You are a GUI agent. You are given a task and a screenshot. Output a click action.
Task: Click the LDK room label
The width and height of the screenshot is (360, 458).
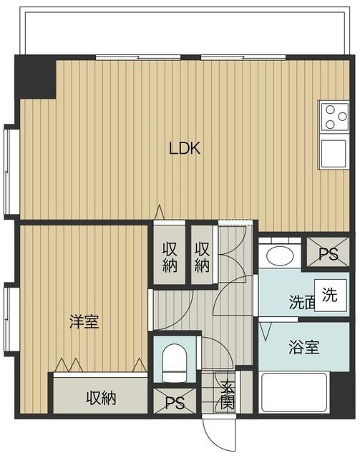pyautogui.click(x=185, y=148)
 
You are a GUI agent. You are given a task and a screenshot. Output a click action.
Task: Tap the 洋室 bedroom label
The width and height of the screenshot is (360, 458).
pyautogui.click(x=84, y=321)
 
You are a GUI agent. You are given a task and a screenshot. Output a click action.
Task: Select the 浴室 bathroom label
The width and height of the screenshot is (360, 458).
pyautogui.click(x=304, y=347)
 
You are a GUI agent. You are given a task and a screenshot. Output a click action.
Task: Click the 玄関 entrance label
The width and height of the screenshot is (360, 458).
pyautogui.click(x=228, y=395)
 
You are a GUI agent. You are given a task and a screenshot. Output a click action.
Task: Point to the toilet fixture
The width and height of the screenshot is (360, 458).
pyautogui.click(x=175, y=364)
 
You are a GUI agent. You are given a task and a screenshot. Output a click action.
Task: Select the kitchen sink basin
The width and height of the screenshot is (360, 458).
pyautogui.click(x=333, y=152)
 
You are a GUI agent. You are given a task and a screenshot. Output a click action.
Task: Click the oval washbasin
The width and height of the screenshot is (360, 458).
pyautogui.click(x=280, y=256)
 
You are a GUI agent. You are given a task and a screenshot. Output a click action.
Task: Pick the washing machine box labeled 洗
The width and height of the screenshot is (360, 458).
pyautogui.click(x=331, y=295)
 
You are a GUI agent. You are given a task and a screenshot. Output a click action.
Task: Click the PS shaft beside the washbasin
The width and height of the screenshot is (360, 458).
pyautogui.click(x=328, y=253)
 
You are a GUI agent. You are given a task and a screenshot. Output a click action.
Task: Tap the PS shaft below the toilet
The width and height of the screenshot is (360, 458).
pyautogui.click(x=175, y=401)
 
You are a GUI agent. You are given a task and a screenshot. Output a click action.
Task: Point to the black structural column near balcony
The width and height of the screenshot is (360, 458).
pyautogui.click(x=35, y=77)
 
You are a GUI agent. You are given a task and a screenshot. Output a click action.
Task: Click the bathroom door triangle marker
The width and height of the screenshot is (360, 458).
pyautogui.click(x=266, y=331)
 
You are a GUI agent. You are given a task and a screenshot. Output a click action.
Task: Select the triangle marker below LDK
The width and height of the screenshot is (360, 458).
pyautogui.click(x=160, y=213)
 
